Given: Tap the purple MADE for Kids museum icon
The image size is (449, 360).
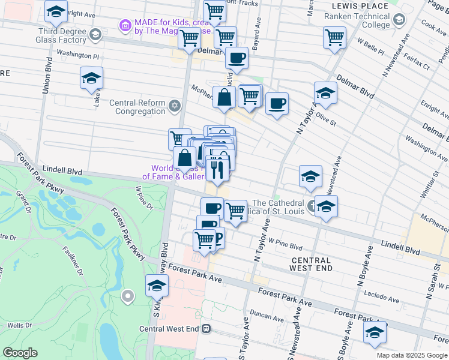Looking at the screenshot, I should (125, 25).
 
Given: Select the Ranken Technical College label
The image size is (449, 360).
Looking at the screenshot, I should (357, 21).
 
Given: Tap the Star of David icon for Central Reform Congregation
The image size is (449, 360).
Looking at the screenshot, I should (175, 106).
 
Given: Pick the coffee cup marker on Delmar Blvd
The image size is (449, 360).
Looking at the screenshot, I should (237, 58).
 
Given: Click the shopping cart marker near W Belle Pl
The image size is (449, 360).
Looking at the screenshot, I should (334, 37).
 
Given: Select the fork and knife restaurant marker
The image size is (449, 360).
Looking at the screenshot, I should (217, 167).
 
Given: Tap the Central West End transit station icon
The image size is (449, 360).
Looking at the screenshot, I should (206, 328).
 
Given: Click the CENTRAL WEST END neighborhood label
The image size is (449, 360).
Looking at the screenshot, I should (310, 264).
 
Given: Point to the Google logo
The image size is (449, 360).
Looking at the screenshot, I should (20, 353).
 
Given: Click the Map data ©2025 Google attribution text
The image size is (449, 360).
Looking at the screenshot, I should (412, 355).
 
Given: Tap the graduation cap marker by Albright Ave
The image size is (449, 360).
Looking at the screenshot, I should (56, 12).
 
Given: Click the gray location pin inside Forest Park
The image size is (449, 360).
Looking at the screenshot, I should (127, 296).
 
